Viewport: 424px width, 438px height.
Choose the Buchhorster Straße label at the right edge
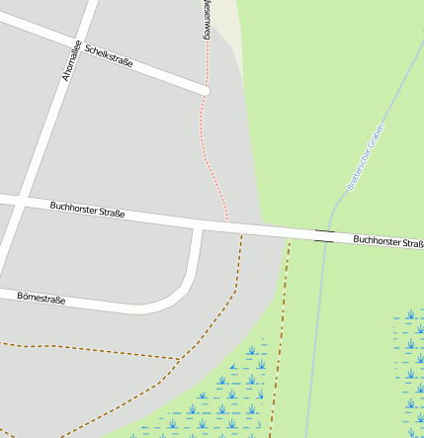point(387,240)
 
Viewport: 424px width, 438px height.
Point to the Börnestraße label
point(41,297)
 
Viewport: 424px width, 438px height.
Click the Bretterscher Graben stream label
point(366,156)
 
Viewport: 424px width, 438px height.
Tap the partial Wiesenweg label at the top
point(207,18)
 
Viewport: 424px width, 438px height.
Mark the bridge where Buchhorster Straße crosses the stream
point(324,235)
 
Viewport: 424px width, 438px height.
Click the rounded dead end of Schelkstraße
point(206,91)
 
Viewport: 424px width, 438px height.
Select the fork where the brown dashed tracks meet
point(180,358)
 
